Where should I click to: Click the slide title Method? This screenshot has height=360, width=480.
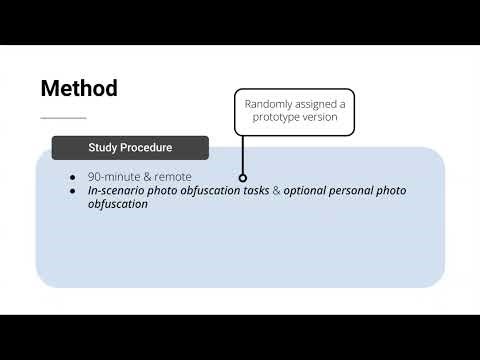click(x=79, y=88)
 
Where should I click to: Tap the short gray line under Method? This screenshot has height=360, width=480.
click(x=63, y=118)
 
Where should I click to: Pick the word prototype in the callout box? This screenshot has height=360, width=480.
click(x=276, y=117)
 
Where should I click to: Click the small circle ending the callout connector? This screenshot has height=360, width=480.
click(x=243, y=177)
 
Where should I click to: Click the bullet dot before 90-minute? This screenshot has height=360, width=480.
click(x=73, y=177)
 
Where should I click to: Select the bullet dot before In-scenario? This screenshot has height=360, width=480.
click(x=73, y=190)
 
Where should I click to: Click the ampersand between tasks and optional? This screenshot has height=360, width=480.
click(x=277, y=190)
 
